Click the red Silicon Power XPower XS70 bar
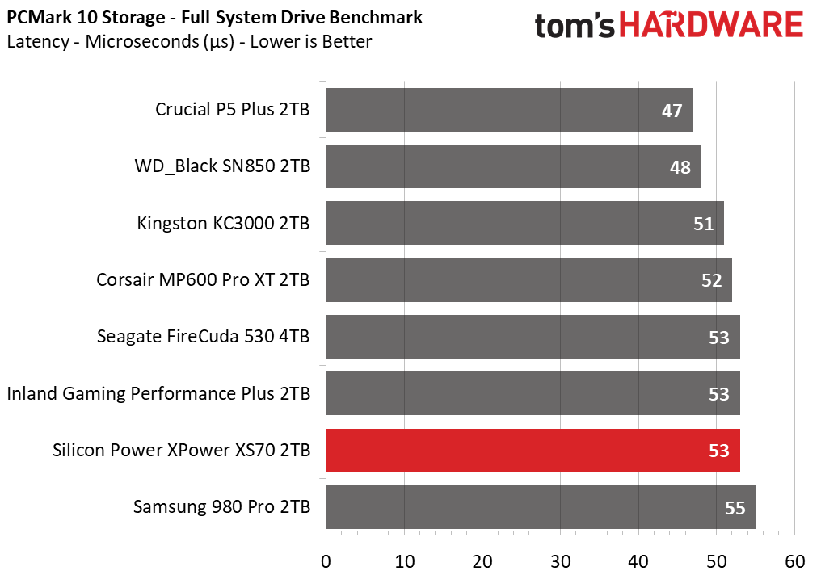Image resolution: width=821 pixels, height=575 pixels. [533, 451]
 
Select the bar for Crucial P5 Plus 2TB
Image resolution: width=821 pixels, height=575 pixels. [509, 110]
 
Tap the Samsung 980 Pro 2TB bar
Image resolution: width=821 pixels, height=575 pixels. [541, 507]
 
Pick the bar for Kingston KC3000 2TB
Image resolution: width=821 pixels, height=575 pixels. [525, 223]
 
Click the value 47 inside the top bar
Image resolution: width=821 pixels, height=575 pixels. [672, 111]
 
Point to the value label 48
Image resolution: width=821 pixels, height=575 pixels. [680, 167]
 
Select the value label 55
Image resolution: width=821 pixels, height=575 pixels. [735, 507]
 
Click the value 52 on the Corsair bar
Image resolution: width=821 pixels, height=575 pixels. [712, 280]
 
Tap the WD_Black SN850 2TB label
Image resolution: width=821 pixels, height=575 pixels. [222, 166]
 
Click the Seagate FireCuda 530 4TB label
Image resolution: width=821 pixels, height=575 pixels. [203, 336]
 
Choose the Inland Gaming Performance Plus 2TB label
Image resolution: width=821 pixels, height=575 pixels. [158, 393]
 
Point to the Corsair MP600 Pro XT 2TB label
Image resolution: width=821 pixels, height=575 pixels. [203, 279]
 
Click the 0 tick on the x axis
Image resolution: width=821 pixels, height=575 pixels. [326, 561]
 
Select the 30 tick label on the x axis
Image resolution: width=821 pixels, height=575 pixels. [560, 561]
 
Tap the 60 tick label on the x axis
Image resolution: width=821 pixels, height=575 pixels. [795, 561]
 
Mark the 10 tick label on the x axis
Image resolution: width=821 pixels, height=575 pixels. [404, 561]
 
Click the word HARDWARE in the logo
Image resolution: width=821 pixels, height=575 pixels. [712, 24]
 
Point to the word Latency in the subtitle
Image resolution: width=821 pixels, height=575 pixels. [38, 41]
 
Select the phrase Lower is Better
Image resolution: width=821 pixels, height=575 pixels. [311, 41]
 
